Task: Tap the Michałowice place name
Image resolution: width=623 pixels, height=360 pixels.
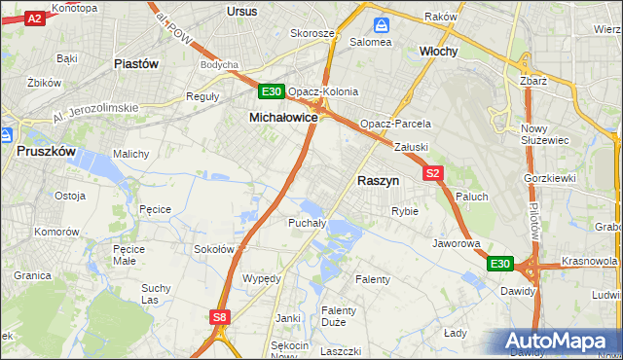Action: point(284,117)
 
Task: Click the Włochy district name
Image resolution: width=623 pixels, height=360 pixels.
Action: point(438,51)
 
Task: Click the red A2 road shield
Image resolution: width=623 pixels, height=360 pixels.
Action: point(34,18)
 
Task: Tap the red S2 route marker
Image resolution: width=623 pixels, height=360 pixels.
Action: point(434,173)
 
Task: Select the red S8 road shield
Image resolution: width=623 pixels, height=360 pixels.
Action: point(221,316)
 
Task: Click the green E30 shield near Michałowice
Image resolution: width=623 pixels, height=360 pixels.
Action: point(272,92)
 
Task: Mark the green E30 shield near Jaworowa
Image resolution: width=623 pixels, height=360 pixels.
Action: point(499,264)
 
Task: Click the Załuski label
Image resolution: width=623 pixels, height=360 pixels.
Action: point(412,147)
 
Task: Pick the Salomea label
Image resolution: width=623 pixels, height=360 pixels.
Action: point(371,42)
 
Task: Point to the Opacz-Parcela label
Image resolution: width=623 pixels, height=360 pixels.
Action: point(395,126)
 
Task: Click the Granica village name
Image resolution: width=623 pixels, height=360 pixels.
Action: point(32,275)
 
